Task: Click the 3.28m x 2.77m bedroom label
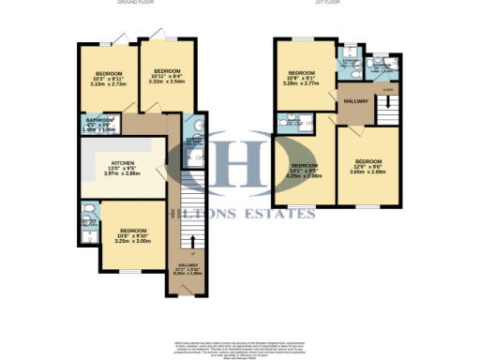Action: point(301,78)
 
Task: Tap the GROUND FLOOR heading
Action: point(134,4)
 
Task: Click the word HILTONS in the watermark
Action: point(201,215)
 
